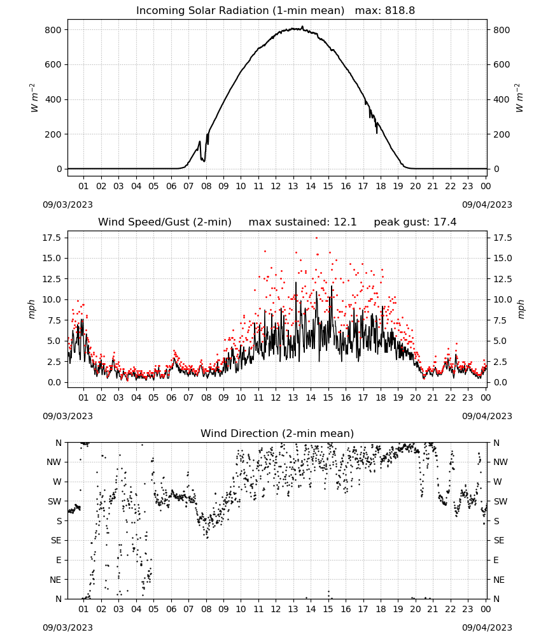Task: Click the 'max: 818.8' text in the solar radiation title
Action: click(x=385, y=10)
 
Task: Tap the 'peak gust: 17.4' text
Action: click(x=415, y=222)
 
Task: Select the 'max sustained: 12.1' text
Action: click(x=302, y=222)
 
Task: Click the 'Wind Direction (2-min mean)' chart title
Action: click(x=278, y=433)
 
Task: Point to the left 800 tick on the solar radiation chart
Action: click(x=53, y=30)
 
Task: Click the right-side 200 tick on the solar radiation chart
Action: click(x=502, y=134)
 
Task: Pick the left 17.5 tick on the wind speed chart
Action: click(x=52, y=238)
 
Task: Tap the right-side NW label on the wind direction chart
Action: click(x=500, y=462)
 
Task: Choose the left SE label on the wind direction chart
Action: click(x=56, y=540)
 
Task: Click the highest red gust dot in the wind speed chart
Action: click(x=316, y=238)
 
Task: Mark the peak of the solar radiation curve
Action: click(x=302, y=27)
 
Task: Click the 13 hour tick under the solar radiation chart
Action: click(x=293, y=186)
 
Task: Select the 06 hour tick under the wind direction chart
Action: click(x=171, y=609)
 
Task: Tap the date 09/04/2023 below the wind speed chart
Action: click(x=487, y=416)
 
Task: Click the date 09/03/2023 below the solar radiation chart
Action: click(x=67, y=204)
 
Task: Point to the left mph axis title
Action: click(x=32, y=309)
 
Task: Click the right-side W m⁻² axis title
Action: click(x=519, y=98)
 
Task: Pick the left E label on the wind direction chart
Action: click(x=59, y=560)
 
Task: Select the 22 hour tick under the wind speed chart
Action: click(x=450, y=397)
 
